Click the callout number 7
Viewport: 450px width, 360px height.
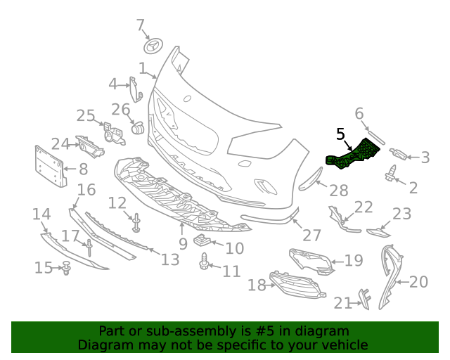tap(140, 26)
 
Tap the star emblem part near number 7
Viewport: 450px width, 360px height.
tap(153, 46)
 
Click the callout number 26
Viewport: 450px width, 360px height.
tap(121, 110)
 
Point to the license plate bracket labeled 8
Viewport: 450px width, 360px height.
tap(50, 167)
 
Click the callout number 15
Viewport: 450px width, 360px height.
tap(44, 267)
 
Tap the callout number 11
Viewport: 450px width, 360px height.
tap(231, 271)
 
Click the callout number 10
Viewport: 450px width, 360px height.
tap(234, 248)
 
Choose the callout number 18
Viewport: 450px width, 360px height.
tap(257, 285)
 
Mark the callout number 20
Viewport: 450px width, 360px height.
tap(418, 282)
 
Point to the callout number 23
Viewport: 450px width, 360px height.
tap(401, 214)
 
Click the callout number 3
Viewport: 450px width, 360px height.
tap(425, 157)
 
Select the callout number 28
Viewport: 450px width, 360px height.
tap(339, 190)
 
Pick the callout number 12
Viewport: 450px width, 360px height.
tap(117, 203)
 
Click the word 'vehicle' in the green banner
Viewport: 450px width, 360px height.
tap(344, 345)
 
